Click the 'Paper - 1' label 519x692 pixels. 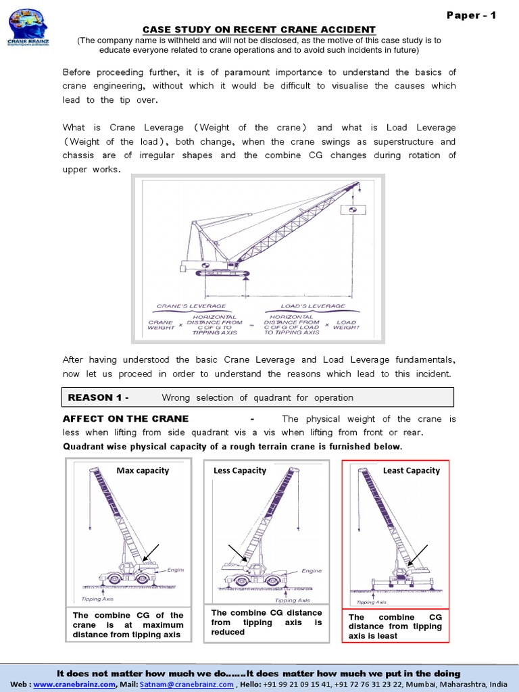pyautogui.click(x=471, y=16)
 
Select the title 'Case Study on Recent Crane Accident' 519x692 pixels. pyautogui.click(x=259, y=29)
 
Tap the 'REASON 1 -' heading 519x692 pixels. pyautogui.click(x=99, y=397)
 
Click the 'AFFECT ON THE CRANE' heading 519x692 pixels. pyautogui.click(x=126, y=419)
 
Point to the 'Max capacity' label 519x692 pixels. pyautogui.click(x=143, y=470)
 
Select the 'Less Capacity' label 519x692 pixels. pyautogui.click(x=240, y=470)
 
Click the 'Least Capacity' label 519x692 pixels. pyautogui.click(x=411, y=470)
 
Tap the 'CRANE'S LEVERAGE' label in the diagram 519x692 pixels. pyautogui.click(x=181, y=306)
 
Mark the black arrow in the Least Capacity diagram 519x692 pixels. pyautogui.click(x=418, y=555)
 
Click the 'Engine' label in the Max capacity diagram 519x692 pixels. pyautogui.click(x=176, y=570)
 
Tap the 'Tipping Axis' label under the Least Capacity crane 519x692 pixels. pyautogui.click(x=371, y=601)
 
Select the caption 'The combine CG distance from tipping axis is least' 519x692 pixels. pyautogui.click(x=395, y=626)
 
